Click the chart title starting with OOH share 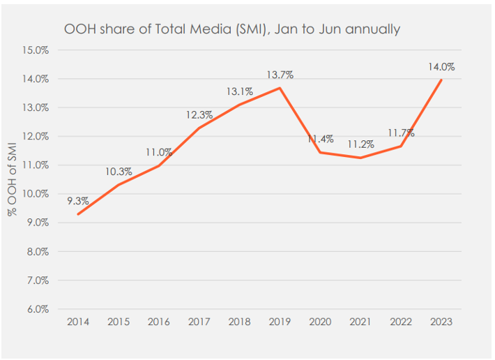pos(231,29)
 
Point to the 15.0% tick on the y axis pos(35,50)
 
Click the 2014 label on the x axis pos(77,322)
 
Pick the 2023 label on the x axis pos(441,322)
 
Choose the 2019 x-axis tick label pos(280,322)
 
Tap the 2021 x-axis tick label pos(360,322)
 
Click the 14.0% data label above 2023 pos(441,68)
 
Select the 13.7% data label pos(280,75)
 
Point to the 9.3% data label pos(77,201)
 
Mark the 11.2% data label pos(360,144)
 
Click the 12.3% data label pos(199,115)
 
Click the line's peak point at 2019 pos(280,88)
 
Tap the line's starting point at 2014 pos(77,213)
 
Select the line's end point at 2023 pos(441,80)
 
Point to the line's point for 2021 pos(360,158)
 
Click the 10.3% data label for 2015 pos(119,172)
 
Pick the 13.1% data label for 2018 pos(239,91)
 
